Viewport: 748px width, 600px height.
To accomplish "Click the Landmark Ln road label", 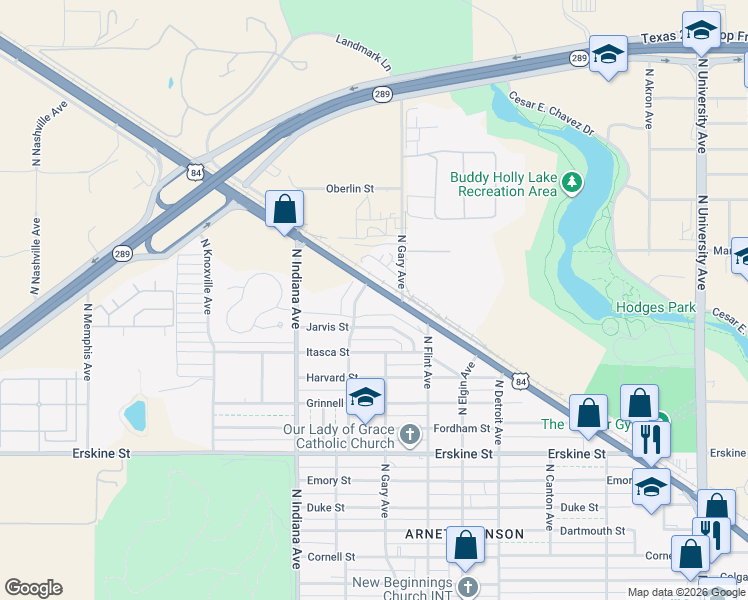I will pos(363,55).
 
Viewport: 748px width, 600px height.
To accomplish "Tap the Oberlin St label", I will pos(349,188).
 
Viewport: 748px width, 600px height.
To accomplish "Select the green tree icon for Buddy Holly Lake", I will pos(571,182).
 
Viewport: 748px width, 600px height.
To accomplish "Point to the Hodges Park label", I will pos(655,307).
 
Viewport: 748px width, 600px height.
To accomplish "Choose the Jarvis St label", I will pos(328,327).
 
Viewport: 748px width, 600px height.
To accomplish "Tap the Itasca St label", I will pos(328,352).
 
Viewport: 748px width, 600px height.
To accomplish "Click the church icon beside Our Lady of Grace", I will pos(409,434).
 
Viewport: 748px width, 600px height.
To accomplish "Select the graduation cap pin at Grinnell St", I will pos(366,399).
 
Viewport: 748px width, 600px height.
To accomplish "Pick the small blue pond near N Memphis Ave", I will pos(133,413).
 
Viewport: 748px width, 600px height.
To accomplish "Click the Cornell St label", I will pos(331,556).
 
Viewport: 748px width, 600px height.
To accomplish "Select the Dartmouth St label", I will pos(592,531).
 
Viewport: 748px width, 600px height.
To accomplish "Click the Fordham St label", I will pos(462,429).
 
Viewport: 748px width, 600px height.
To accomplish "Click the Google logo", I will pos(33,588).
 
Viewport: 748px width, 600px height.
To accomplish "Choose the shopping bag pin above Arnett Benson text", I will pos(465,546).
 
